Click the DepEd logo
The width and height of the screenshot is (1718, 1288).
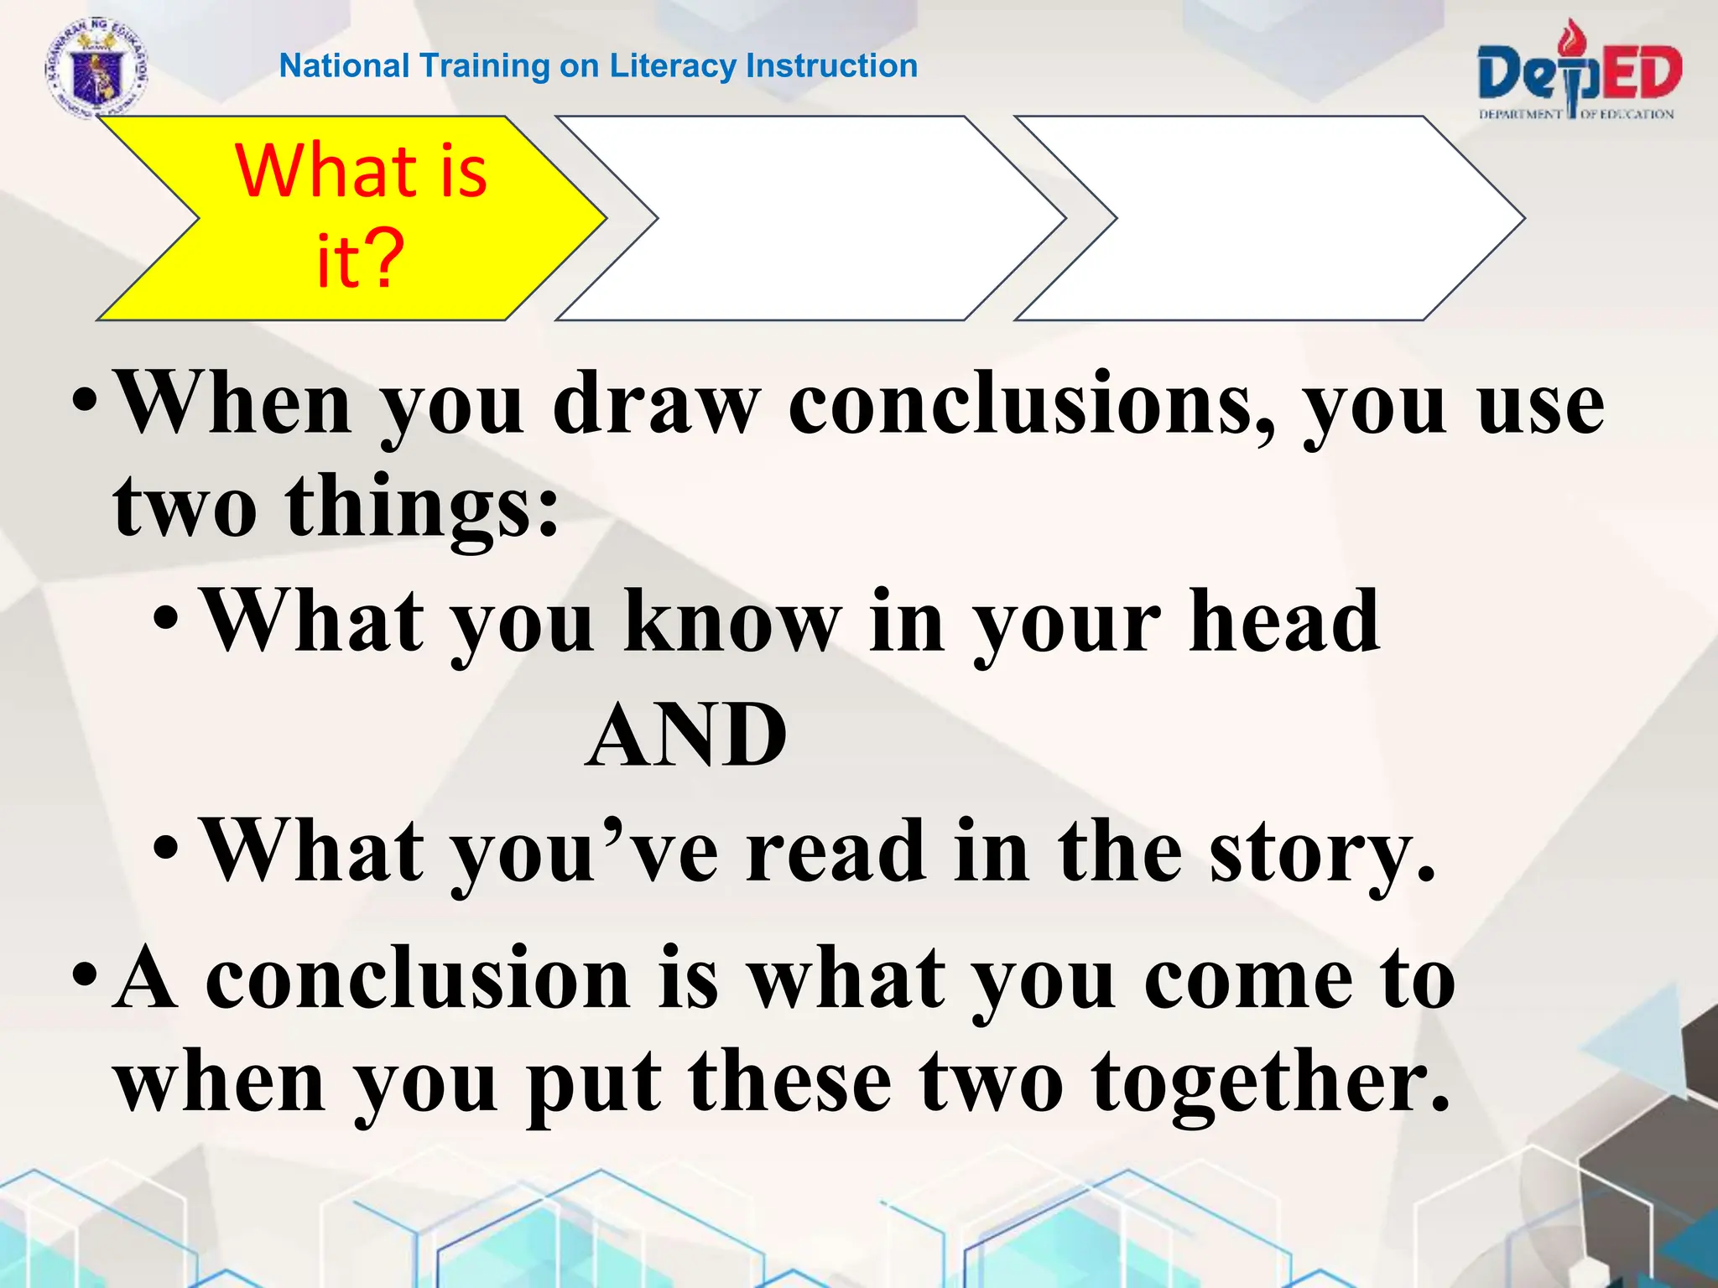(1579, 74)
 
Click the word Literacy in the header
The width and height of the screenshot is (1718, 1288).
(674, 66)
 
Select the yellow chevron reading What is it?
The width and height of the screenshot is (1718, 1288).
(352, 218)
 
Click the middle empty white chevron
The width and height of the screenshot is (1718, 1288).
(810, 218)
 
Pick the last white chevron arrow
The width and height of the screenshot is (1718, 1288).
(1267, 218)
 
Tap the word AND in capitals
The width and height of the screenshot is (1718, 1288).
(686, 735)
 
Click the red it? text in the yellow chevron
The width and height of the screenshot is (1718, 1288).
(360, 260)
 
